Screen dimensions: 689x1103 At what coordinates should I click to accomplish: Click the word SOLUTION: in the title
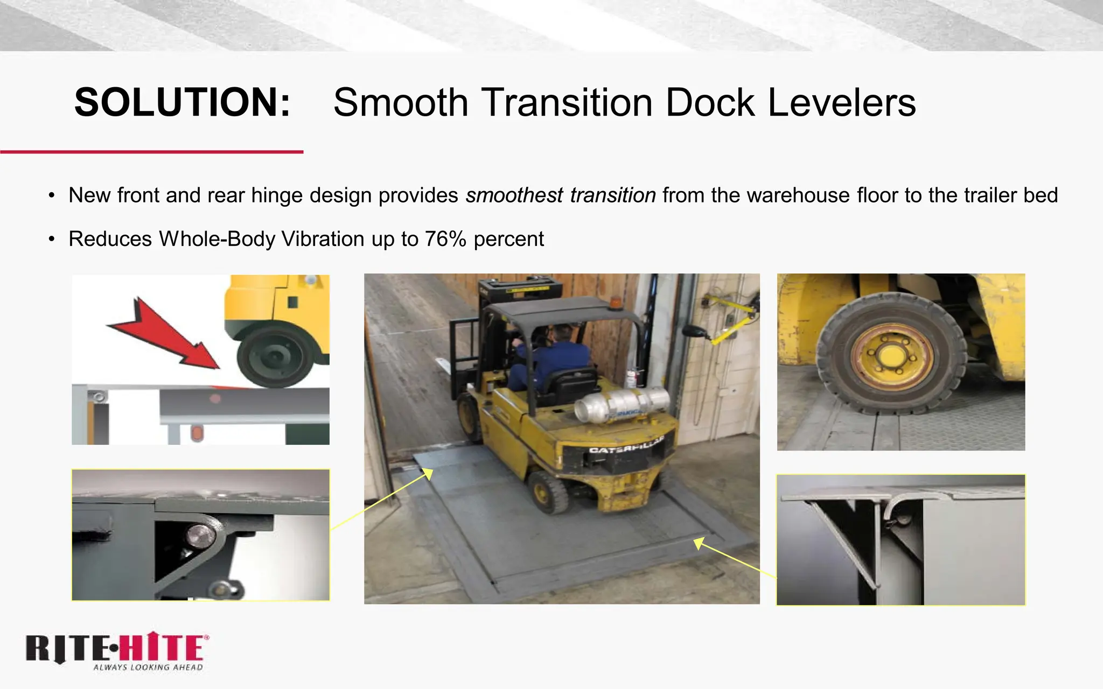[x=182, y=102]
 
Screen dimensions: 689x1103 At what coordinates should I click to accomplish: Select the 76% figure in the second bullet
[x=445, y=239]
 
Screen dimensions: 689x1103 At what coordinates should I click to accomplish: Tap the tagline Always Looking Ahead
[x=148, y=667]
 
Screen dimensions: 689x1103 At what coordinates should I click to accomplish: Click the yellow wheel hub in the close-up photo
[x=891, y=356]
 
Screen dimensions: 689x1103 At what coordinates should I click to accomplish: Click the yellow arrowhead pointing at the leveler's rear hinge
[x=699, y=543]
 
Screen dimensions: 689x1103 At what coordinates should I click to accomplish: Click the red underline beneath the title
[x=151, y=152]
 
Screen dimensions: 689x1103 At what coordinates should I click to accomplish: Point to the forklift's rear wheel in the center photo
[x=549, y=491]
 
